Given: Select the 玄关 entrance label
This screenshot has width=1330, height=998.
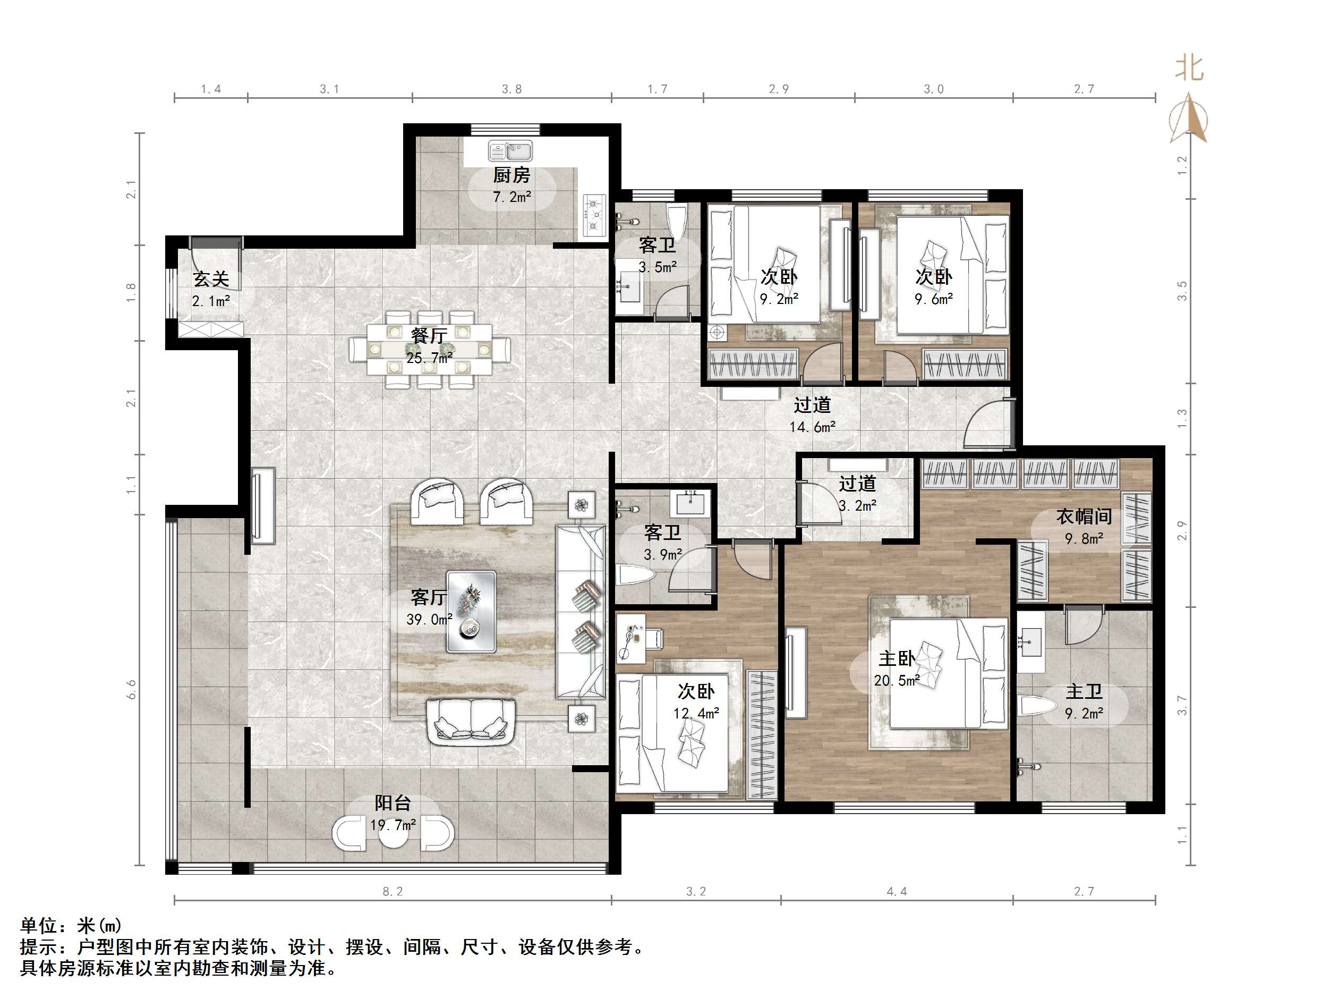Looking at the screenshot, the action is (x=211, y=279).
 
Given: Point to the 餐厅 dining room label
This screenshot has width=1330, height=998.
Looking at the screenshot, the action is (x=429, y=335).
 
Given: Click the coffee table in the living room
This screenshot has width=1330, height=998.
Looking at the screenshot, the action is (x=471, y=612).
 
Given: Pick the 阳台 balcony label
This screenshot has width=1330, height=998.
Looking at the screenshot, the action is (x=393, y=802).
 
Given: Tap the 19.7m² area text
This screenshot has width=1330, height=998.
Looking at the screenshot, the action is (x=393, y=825).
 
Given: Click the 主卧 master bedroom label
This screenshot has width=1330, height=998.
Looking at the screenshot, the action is (x=897, y=659).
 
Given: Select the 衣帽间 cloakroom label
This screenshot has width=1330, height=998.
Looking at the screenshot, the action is (x=1084, y=516).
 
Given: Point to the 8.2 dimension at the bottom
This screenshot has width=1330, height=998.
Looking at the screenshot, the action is (x=393, y=892).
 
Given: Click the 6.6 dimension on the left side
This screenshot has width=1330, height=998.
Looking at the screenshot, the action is (x=132, y=689).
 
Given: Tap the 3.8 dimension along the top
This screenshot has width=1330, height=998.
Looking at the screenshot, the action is (x=511, y=89).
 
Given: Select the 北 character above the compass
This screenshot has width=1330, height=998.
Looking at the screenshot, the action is (x=1189, y=68).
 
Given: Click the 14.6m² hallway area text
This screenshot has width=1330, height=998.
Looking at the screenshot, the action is (x=812, y=427).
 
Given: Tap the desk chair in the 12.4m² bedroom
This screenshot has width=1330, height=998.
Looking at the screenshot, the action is (x=655, y=639).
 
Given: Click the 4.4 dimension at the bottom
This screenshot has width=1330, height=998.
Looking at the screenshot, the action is (x=897, y=892).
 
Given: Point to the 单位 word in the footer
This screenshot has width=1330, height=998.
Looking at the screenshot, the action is (x=39, y=926).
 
